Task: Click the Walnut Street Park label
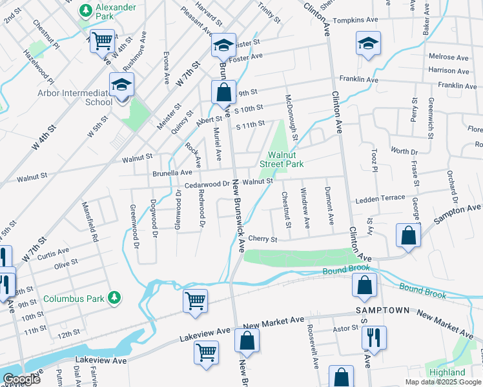pos(282,159)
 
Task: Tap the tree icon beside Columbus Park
pos(114,297)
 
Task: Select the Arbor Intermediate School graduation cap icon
pos(121,84)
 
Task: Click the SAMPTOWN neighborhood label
pos(382,310)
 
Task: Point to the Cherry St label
pos(263,239)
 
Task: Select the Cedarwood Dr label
pos(207,184)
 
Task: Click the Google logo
pos(21,379)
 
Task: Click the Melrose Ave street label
pos(448,57)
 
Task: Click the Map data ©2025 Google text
pos(443,382)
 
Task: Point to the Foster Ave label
pos(248,57)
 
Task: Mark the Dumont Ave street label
pos(329,204)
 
